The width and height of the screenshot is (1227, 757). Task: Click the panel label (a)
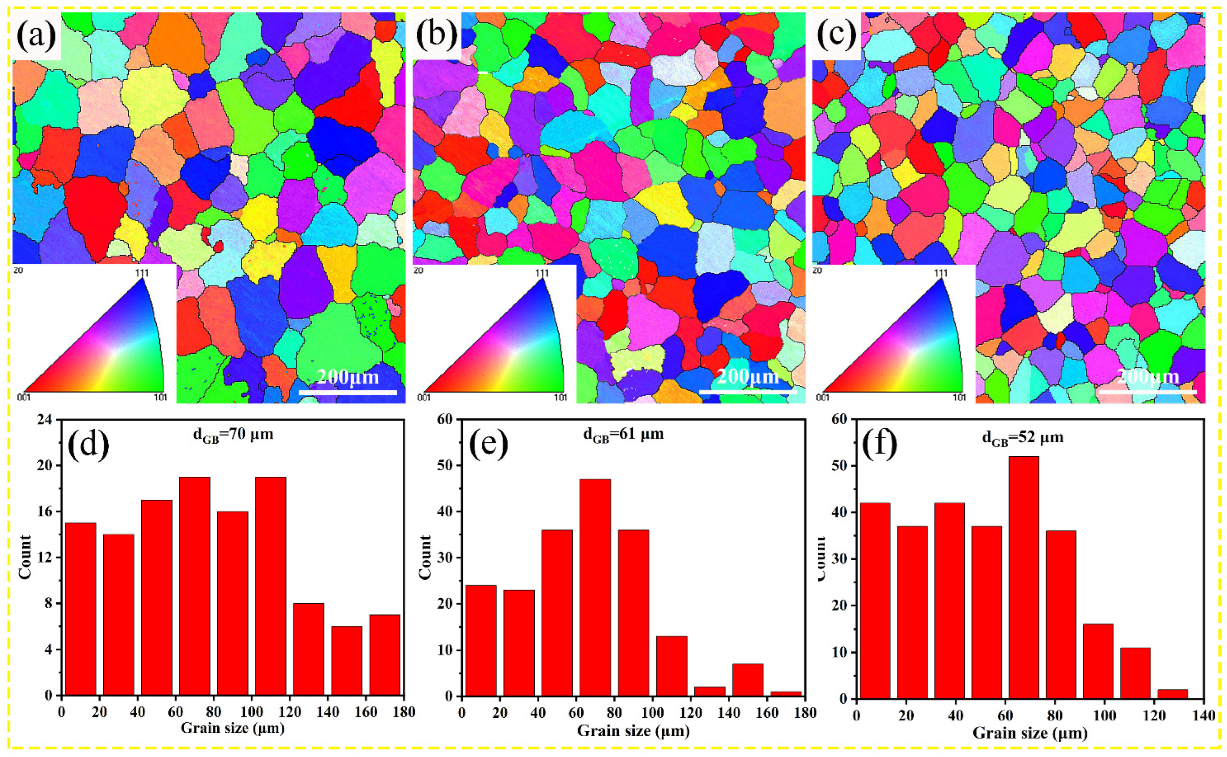(36, 36)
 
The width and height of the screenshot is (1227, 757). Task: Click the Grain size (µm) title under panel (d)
(232, 727)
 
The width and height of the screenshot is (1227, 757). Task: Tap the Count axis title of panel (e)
(425, 557)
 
